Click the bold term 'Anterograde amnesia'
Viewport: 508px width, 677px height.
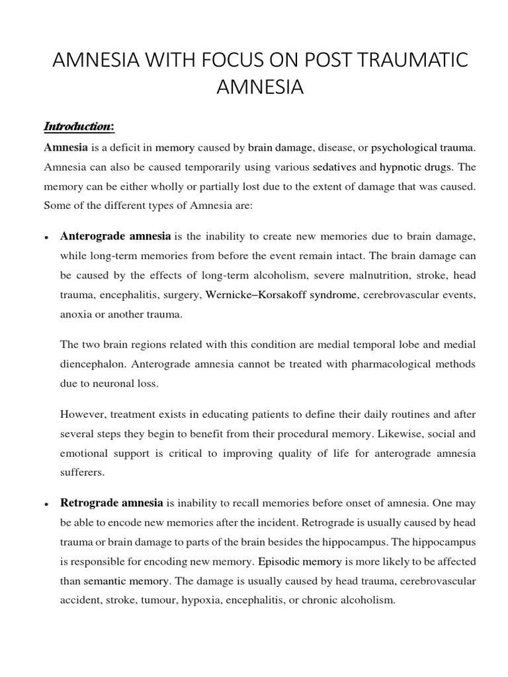(x=116, y=235)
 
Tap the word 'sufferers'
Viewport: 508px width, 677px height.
(x=81, y=473)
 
